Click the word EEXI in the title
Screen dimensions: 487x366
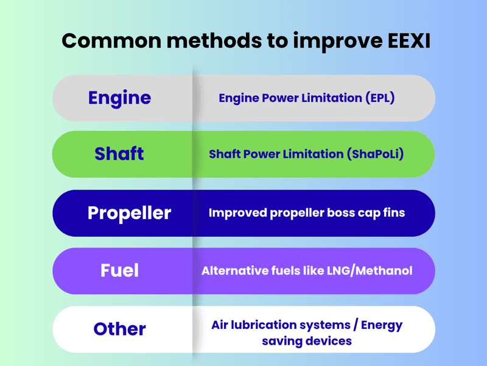tap(408, 41)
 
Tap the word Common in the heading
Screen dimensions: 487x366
tap(111, 41)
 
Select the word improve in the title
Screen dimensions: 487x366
tap(338, 42)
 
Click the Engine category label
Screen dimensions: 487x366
tap(119, 98)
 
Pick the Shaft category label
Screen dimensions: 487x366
tap(119, 154)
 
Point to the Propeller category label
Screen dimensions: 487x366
tap(129, 213)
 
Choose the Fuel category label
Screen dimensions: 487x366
tap(119, 270)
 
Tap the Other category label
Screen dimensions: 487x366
tap(119, 329)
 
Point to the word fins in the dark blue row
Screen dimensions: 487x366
tap(394, 212)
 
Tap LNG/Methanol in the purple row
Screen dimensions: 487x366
tap(370, 271)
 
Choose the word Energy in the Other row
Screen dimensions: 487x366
tap(382, 326)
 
